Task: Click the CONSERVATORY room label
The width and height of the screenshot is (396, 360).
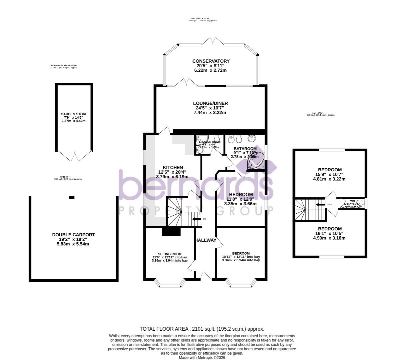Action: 211,61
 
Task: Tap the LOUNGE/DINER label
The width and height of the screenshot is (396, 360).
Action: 210,103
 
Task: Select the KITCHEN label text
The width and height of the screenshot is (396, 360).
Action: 173,167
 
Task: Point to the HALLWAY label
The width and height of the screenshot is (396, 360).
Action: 206,240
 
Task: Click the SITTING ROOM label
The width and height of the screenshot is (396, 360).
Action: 170,254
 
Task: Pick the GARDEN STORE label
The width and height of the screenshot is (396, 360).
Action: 74,114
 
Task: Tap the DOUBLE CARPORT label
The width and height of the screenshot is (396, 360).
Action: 74,235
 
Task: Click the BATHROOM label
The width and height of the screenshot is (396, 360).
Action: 245,149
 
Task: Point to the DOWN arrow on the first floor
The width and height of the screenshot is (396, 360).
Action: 320,204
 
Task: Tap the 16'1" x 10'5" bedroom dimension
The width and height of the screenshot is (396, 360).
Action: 329,233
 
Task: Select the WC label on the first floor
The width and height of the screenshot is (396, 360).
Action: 352,201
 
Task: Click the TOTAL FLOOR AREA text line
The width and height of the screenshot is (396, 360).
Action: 202,329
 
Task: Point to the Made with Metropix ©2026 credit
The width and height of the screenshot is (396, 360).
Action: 202,357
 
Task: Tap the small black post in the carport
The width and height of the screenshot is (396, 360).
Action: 72,197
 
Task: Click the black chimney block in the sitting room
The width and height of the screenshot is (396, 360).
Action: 171,232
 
